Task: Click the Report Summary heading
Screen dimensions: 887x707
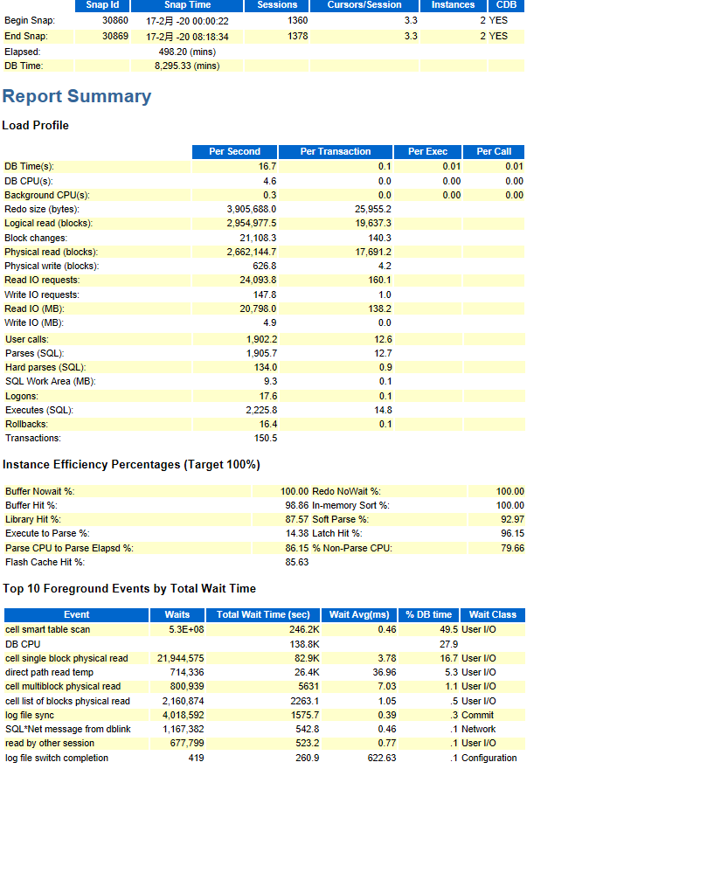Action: tap(77, 96)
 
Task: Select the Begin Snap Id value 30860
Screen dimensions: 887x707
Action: tap(115, 20)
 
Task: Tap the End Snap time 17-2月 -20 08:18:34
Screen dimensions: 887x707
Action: tap(187, 37)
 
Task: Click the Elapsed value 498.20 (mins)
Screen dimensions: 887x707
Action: tap(187, 52)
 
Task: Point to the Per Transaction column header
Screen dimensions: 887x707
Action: tap(336, 151)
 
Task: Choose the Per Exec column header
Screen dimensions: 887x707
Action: tap(427, 151)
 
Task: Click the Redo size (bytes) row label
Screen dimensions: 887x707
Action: tap(41, 209)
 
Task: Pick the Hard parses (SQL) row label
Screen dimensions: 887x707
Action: tap(45, 367)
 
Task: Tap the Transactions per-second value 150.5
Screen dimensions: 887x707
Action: tap(265, 438)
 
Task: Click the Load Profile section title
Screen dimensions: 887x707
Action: tap(35, 125)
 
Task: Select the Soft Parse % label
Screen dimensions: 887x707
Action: tap(340, 519)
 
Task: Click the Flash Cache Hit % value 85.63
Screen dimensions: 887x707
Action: tap(296, 562)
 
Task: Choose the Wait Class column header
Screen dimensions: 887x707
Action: tap(493, 614)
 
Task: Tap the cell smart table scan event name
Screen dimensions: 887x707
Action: tap(47, 629)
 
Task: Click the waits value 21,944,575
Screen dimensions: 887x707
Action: tap(180, 658)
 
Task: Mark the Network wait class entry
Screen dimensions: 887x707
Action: tap(478, 729)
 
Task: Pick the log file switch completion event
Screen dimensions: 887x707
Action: tap(57, 758)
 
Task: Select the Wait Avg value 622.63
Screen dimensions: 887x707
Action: tap(381, 758)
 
